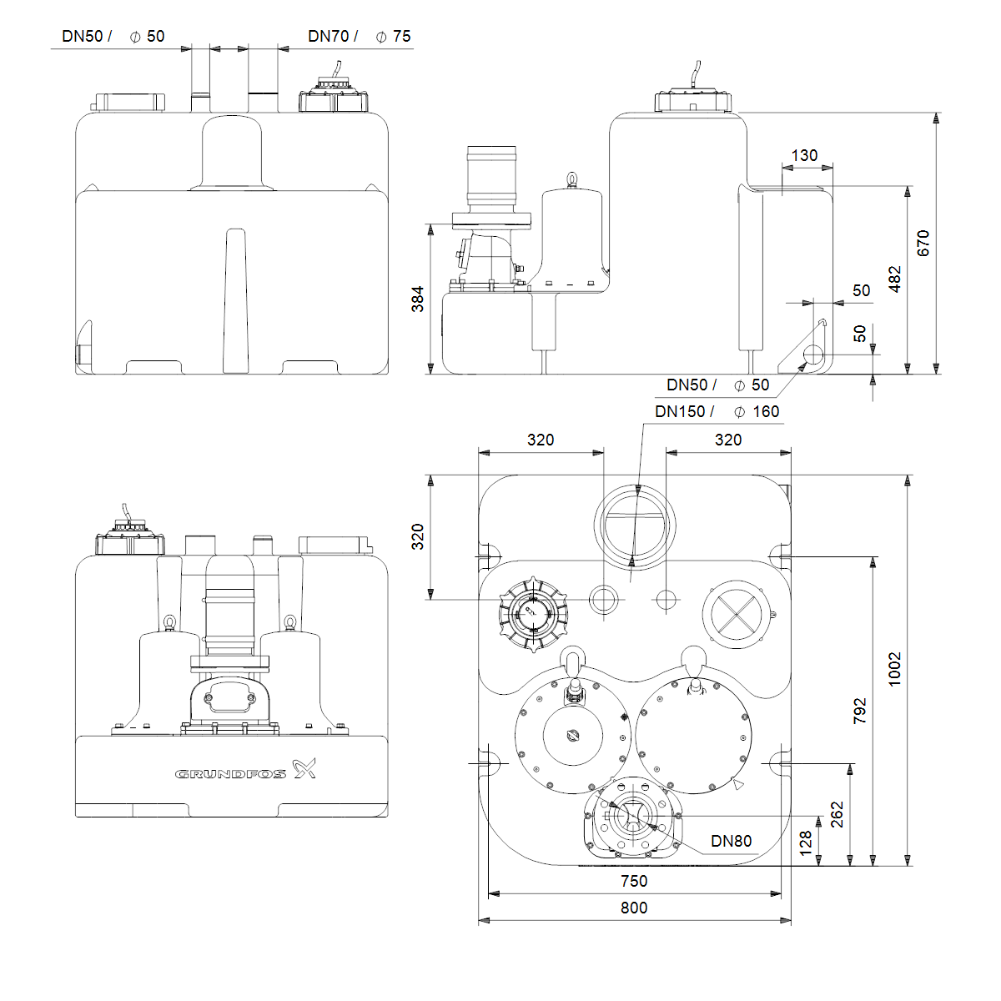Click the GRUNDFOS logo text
click(x=230, y=774)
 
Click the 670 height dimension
click(x=923, y=243)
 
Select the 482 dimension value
click(x=894, y=279)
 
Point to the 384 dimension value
click(x=418, y=299)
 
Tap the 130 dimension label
click(x=804, y=155)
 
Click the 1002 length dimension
click(x=894, y=670)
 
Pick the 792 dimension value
click(x=860, y=712)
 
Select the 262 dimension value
click(x=837, y=814)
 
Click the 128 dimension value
click(x=805, y=843)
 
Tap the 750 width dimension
click(x=634, y=881)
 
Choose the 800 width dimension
click(x=634, y=908)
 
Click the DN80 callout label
click(x=731, y=841)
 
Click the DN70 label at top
click(x=328, y=36)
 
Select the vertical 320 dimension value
click(x=418, y=537)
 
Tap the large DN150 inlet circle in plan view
click(x=636, y=526)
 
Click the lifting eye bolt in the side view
click(x=572, y=179)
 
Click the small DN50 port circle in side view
click(x=813, y=355)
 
